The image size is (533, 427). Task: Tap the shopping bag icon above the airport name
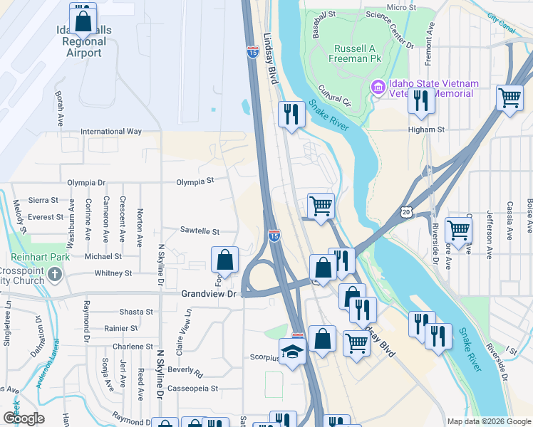pyautogui.click(x=82, y=19)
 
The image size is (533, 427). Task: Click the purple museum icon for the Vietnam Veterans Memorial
pyautogui.click(x=378, y=88)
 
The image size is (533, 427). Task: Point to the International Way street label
pyautogui.click(x=111, y=132)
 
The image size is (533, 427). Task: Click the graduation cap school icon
pyautogui.click(x=292, y=352)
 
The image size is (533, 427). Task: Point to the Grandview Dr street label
pyautogui.click(x=208, y=293)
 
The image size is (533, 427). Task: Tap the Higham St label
pyautogui.click(x=426, y=130)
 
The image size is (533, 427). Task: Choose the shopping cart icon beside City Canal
pyautogui.click(x=509, y=98)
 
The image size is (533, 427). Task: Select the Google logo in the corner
pyautogui.click(x=23, y=418)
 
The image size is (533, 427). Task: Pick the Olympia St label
pyautogui.click(x=195, y=181)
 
